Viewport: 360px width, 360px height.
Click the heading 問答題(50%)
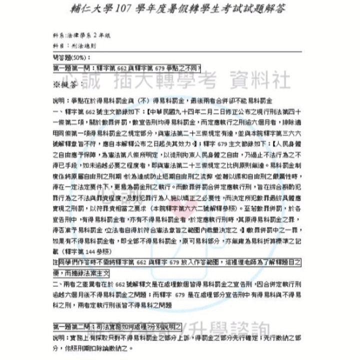[69, 58]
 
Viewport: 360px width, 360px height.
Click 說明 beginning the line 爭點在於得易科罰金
[58, 99]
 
